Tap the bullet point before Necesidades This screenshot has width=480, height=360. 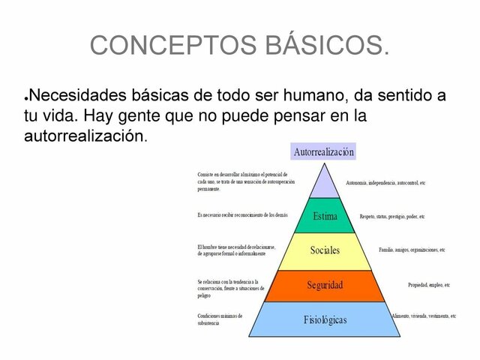27,98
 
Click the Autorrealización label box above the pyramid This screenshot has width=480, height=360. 323,151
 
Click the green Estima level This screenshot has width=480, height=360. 324,216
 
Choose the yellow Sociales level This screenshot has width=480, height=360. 324,250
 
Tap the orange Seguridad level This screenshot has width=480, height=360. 324,285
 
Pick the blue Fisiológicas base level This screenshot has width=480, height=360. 324,319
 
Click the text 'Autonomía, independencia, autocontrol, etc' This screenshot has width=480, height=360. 385,183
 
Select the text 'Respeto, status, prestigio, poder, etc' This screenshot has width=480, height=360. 391,216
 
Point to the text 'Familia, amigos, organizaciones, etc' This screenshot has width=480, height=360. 412,250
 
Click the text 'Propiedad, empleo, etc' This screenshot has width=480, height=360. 428,285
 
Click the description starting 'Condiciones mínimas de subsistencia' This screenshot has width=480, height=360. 220,319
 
